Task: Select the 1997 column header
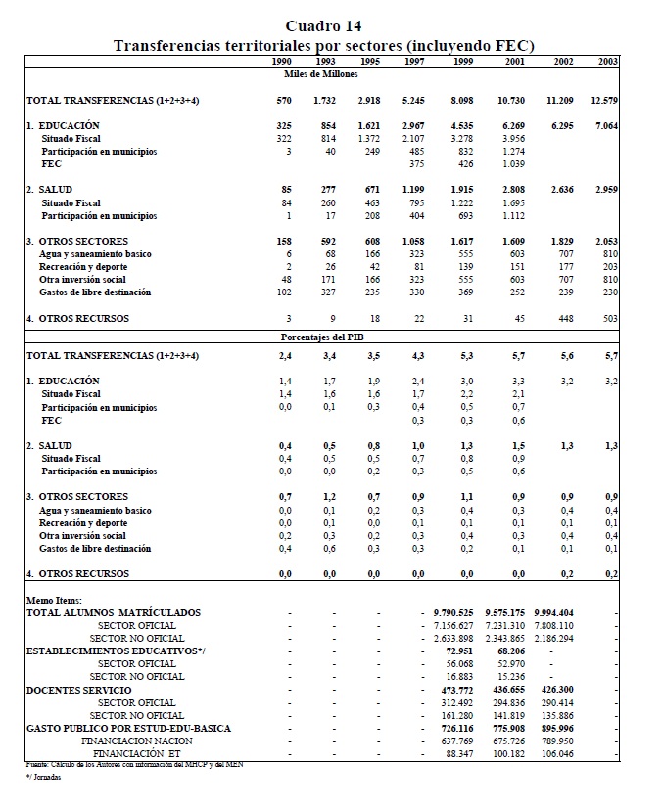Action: [413, 62]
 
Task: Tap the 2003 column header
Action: [607, 62]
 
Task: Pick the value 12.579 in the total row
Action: [604, 101]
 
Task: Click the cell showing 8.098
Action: [462, 101]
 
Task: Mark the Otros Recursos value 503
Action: [609, 318]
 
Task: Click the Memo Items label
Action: [55, 600]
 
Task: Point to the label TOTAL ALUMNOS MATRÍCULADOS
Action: [113, 613]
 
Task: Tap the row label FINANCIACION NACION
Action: [135, 741]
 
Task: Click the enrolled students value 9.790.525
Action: [453, 613]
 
